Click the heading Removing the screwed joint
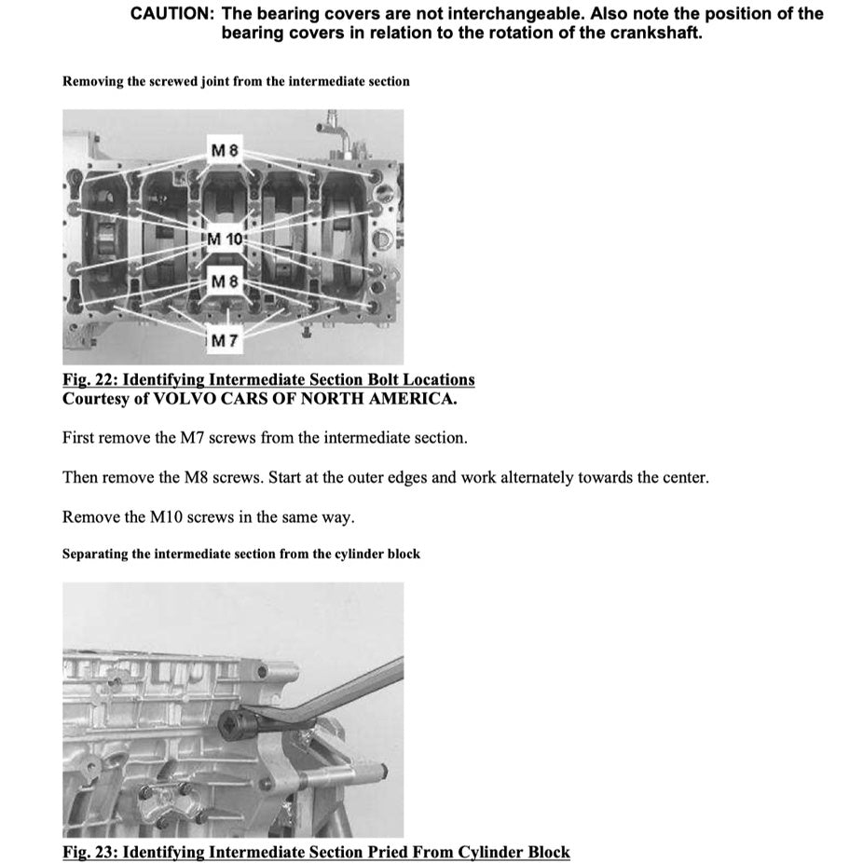(x=236, y=81)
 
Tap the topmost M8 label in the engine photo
(x=225, y=150)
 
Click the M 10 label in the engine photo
(x=224, y=239)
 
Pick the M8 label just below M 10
(x=225, y=281)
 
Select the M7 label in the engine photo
(x=225, y=341)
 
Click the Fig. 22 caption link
(x=268, y=379)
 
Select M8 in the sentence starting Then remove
(x=174, y=478)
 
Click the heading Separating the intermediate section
(x=241, y=554)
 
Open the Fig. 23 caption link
(x=316, y=852)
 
